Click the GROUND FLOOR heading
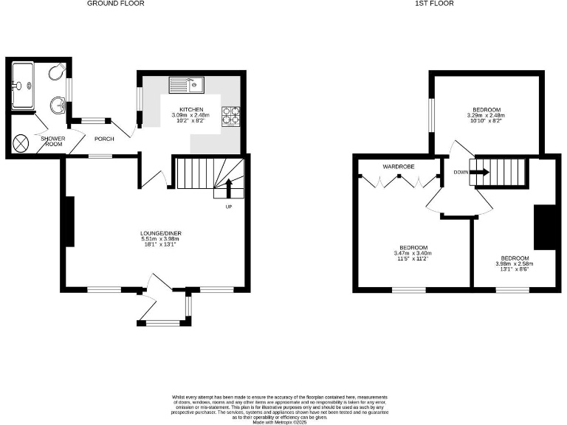point(115,4)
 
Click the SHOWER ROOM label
point(53,142)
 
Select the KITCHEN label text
point(191,110)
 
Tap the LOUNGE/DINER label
point(161,234)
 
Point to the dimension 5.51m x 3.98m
point(161,239)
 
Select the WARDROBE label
point(399,167)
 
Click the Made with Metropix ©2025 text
point(283,421)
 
